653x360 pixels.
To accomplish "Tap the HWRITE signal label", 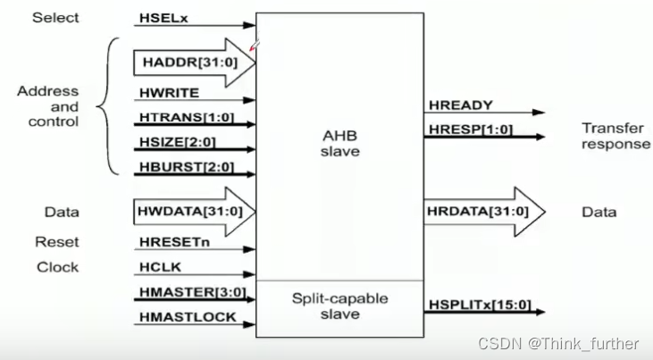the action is click(x=169, y=92).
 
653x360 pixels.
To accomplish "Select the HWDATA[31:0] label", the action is click(x=185, y=212).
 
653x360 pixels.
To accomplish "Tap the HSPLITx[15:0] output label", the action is click(x=480, y=306).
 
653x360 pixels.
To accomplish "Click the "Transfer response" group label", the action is click(x=615, y=136).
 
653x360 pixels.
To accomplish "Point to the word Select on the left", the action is click(x=56, y=18).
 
